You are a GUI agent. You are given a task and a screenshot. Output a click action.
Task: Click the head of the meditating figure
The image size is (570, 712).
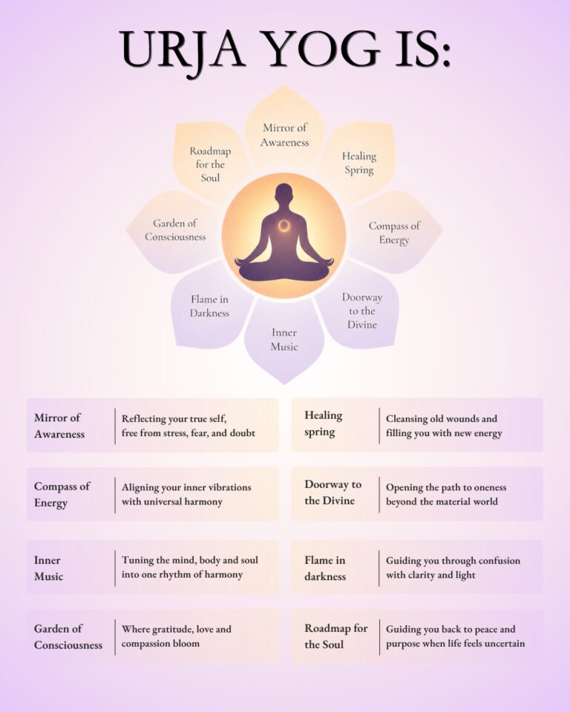[284, 194]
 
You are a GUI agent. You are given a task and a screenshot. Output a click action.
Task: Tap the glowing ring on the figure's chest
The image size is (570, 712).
[284, 225]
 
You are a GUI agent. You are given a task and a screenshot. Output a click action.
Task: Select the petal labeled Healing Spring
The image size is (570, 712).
[359, 162]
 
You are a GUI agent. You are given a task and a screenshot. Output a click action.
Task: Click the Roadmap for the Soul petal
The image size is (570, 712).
[210, 163]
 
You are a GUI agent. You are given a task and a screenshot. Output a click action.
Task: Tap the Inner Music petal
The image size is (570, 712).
[284, 340]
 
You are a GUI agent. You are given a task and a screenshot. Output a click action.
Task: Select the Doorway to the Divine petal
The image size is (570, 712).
[362, 311]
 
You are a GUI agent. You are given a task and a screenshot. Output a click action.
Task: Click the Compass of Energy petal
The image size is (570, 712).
[393, 232]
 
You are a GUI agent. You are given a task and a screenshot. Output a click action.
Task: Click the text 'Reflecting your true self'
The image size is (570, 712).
[174, 418]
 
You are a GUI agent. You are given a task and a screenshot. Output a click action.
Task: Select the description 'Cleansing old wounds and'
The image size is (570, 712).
[442, 418]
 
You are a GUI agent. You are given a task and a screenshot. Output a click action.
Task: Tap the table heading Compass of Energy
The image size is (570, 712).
[62, 495]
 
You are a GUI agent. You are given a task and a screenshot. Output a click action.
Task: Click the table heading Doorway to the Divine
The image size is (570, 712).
[332, 492]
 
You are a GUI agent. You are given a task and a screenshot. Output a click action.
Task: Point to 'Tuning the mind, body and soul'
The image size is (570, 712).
[189, 561]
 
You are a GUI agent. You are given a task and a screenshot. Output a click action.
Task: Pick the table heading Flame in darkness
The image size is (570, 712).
[325, 568]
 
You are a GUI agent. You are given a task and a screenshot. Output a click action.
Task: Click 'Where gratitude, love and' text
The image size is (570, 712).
[177, 630]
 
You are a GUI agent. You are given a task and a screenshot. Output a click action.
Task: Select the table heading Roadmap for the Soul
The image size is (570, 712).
[336, 636]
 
